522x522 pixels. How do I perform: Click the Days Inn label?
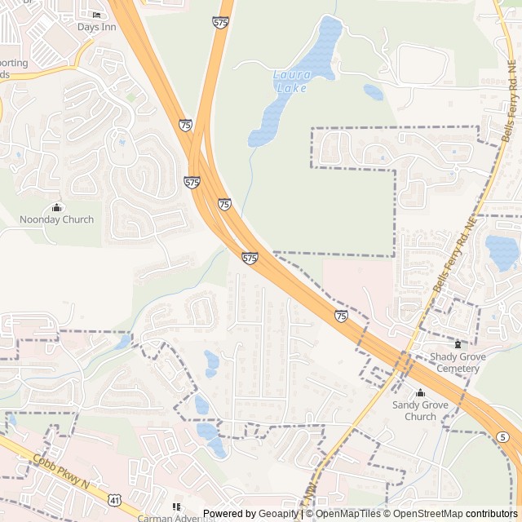[97, 27]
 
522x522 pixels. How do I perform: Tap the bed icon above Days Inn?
[97, 15]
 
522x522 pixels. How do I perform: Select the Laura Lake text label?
[291, 82]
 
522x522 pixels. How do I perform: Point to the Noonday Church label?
[56, 219]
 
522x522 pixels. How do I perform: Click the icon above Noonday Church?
[56, 207]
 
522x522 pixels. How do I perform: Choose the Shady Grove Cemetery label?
[458, 363]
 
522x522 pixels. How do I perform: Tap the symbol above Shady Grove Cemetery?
[458, 344]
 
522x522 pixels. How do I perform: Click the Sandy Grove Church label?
[420, 410]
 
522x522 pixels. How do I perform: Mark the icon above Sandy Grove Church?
[421, 392]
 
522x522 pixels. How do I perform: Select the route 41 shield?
[115, 498]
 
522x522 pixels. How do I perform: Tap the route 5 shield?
[501, 437]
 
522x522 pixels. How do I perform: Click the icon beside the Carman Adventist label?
[175, 507]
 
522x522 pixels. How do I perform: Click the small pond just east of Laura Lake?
[374, 92]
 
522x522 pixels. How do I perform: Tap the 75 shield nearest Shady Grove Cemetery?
[341, 316]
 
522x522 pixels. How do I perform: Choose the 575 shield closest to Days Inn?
[220, 24]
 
